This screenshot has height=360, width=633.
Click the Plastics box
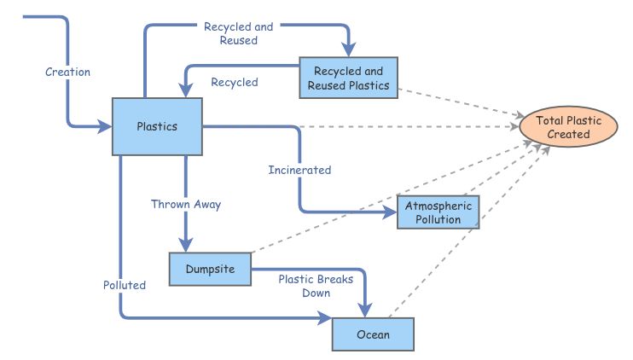click(158, 126)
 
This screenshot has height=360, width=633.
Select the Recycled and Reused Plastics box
click(350, 78)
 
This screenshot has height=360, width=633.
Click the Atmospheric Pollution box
click(439, 212)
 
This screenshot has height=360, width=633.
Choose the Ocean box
click(372, 334)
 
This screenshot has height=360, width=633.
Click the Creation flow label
click(67, 72)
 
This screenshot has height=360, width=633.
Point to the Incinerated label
click(299, 170)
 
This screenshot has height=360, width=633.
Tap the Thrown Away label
click(186, 205)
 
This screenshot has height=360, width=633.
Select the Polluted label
click(125, 285)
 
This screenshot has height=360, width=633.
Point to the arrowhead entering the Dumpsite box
click(185, 246)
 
